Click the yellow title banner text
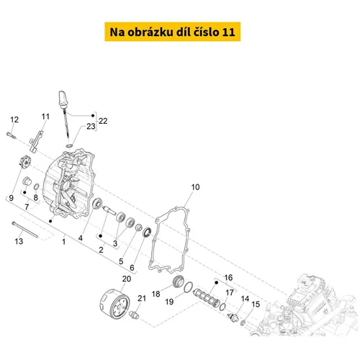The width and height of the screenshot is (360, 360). pos(172,32)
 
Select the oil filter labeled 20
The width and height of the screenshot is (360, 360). pos(114,304)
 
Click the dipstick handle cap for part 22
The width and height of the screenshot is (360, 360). pos(63,99)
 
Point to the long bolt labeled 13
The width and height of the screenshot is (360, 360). pos(24,230)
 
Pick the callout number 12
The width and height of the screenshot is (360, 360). pos(14,120)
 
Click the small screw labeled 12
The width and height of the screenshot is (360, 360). pos(11,135)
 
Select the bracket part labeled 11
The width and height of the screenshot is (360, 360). pos(36,142)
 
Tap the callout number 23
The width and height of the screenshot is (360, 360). pos(91,126)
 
